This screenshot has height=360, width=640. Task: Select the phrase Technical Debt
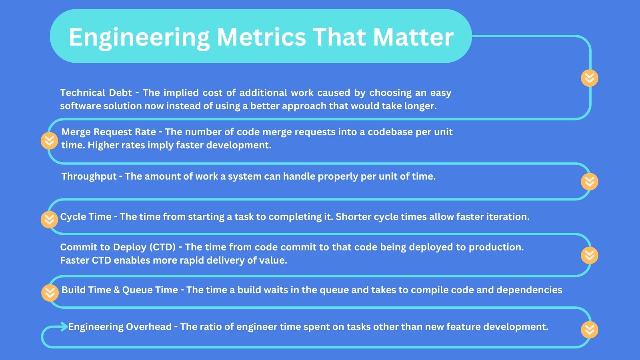click(x=96, y=93)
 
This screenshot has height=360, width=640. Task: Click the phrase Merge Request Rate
click(x=108, y=132)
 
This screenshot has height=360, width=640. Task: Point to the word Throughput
click(x=89, y=176)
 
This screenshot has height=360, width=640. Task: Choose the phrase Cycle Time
click(x=86, y=217)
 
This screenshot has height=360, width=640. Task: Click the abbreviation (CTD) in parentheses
click(x=162, y=247)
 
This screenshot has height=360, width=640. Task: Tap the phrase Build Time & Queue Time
click(x=120, y=290)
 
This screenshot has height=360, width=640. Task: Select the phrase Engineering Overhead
click(x=120, y=327)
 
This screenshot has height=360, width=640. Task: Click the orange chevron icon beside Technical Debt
click(x=589, y=78)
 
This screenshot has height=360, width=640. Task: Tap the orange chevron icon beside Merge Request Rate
click(x=49, y=141)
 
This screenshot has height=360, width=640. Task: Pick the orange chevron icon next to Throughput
click(x=589, y=182)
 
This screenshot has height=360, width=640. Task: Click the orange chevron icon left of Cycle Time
click(x=49, y=220)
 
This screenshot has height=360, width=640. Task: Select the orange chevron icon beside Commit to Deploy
click(x=589, y=255)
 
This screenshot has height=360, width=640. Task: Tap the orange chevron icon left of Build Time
click(x=50, y=293)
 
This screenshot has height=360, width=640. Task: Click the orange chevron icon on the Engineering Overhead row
click(x=589, y=330)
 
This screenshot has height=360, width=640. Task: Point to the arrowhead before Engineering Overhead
click(x=64, y=327)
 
